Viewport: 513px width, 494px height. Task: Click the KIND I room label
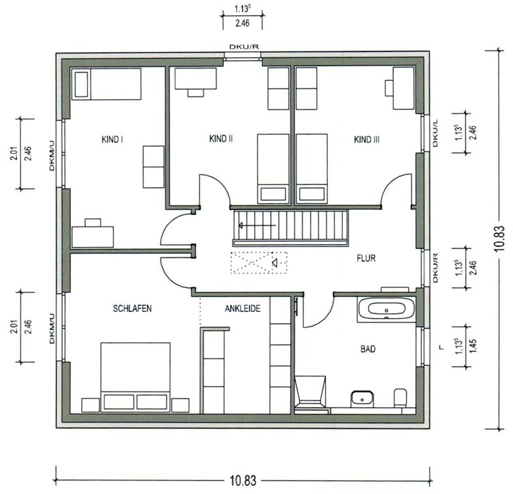pos(112,140)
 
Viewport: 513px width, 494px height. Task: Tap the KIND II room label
pos(221,139)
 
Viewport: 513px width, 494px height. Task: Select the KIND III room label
pos(367,140)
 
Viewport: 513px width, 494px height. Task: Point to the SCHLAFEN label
pos(132,309)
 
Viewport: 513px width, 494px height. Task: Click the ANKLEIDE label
pos(242,309)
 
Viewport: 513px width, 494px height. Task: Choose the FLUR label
pos(366,259)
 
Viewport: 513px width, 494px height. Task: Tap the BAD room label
pos(368,349)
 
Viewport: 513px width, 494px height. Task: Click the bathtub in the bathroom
pos(387,309)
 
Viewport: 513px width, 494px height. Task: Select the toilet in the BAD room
pos(400,398)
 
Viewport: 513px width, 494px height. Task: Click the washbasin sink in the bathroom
pos(362,399)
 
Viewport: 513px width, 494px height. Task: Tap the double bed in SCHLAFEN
pos(135,377)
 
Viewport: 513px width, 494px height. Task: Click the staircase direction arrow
pos(258,226)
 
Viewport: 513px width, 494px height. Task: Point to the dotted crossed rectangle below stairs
pos(259,263)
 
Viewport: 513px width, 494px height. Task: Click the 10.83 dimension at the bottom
pos(242,481)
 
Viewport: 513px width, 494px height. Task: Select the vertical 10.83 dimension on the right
pos(500,238)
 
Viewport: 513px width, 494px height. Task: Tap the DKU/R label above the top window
pos(244,47)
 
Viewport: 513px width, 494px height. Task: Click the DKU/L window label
pos(435,133)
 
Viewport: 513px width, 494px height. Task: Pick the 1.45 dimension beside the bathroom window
pos(473,346)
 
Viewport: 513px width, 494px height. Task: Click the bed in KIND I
pos(106,84)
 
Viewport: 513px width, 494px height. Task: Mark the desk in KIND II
pos(195,82)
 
